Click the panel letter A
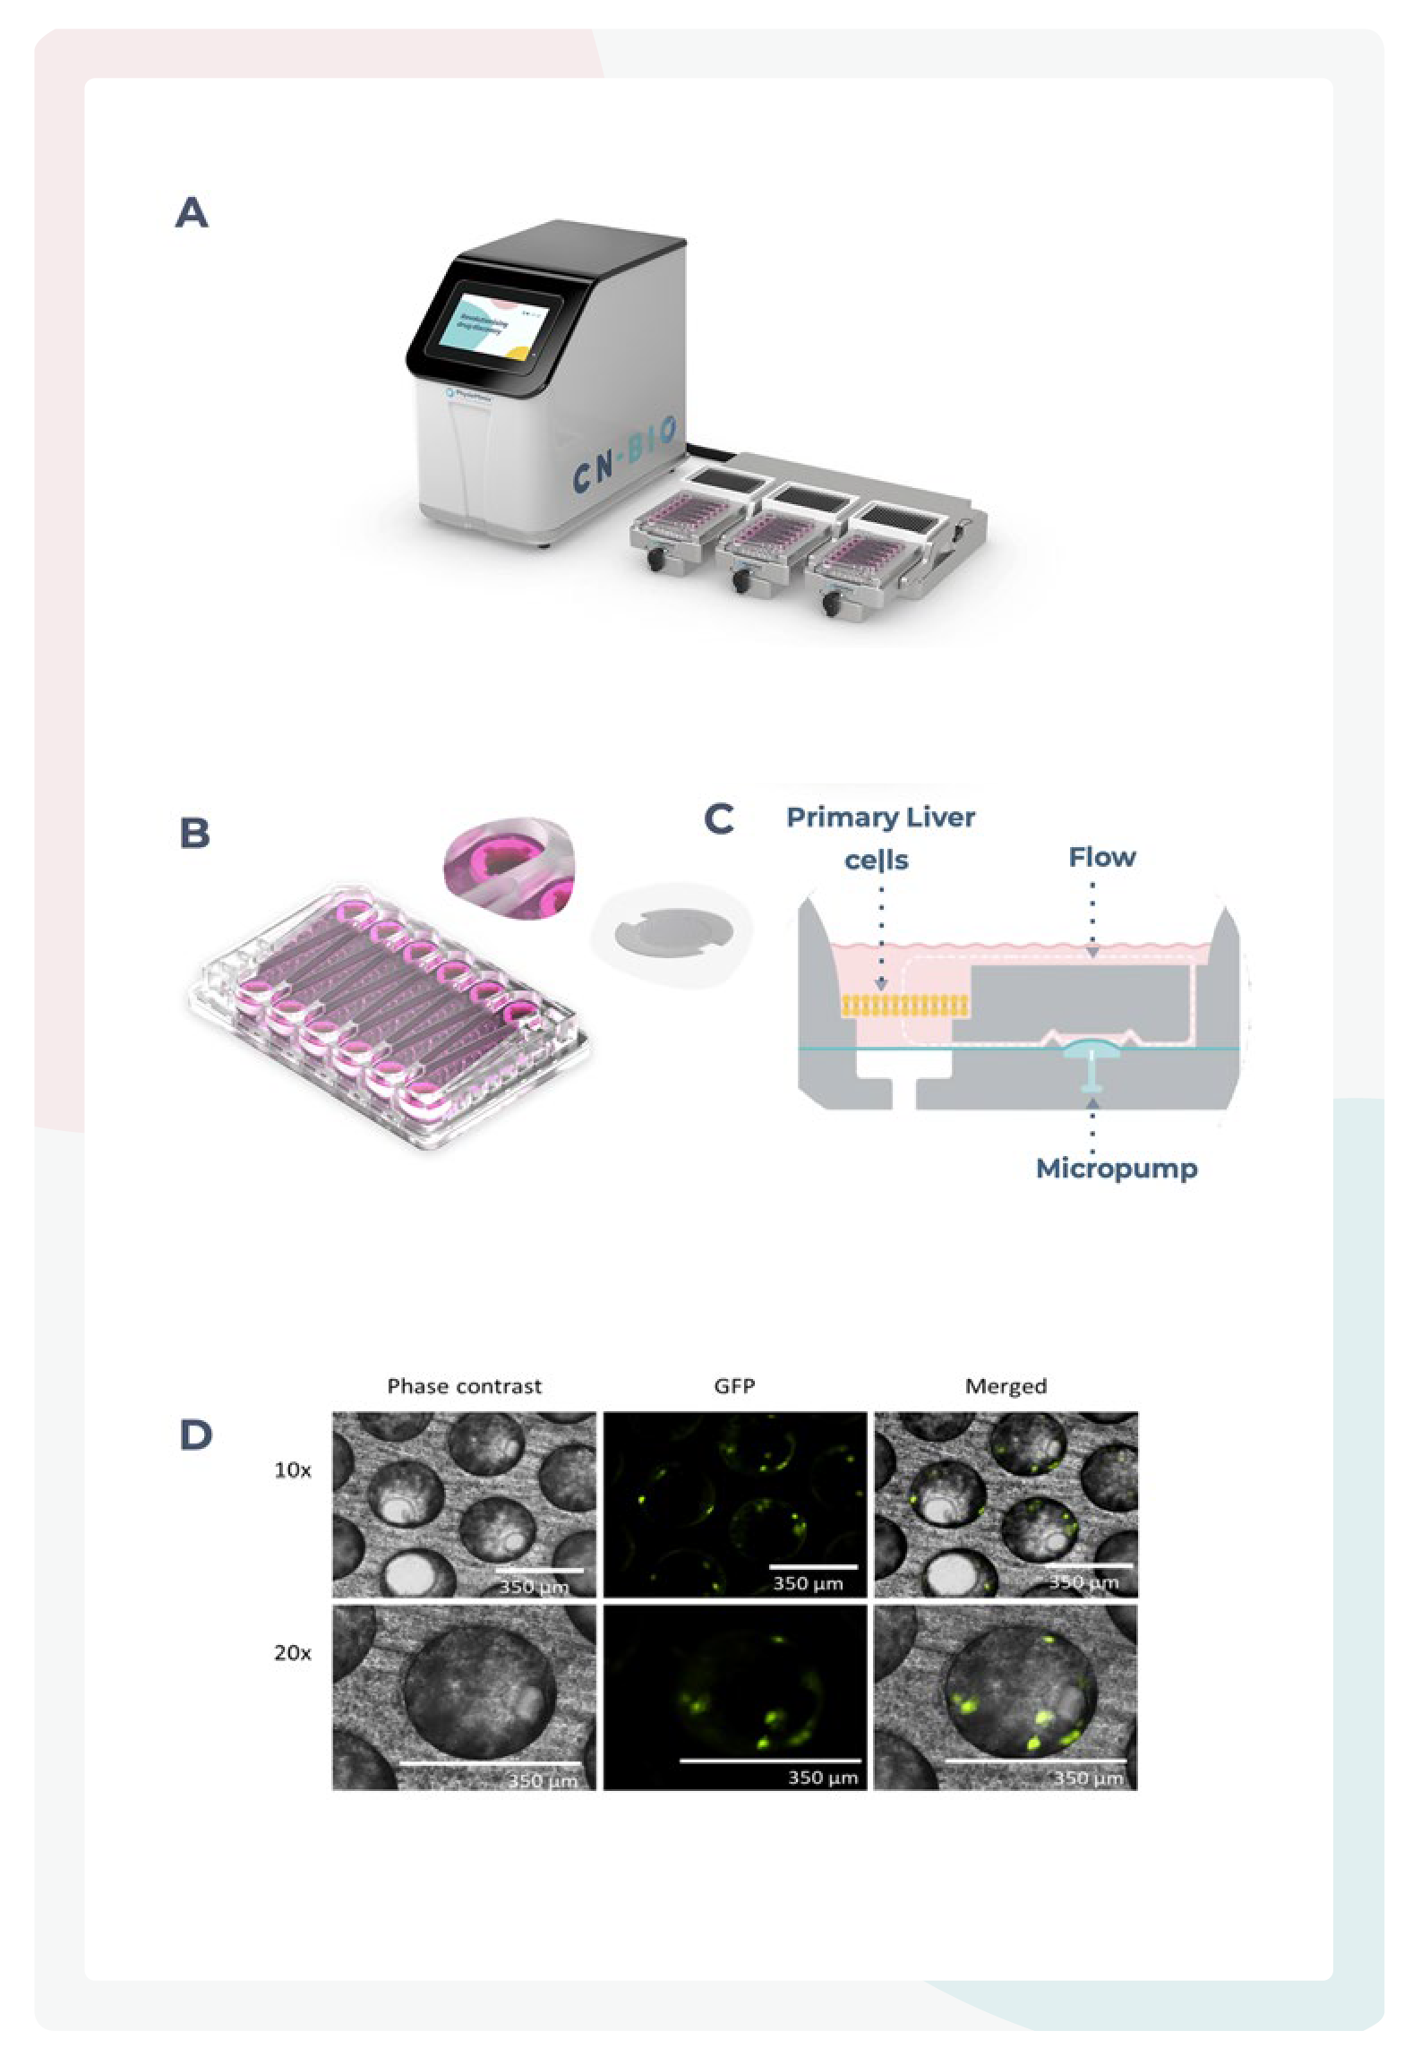pos(192,213)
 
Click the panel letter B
pos(194,833)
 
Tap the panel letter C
pos(719,818)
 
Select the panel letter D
pos(195,1435)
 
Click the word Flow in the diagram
pos(1101,857)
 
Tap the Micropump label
pos(1116,1168)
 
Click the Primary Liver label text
pos(880,817)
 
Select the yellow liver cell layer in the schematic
pos(904,1006)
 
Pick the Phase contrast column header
pos(464,1386)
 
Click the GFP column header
pos(734,1386)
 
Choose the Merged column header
pos(1006,1386)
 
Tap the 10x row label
pos(292,1469)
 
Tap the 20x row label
pos(292,1652)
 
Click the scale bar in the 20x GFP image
pos(770,1760)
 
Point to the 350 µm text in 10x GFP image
pos(808,1583)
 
